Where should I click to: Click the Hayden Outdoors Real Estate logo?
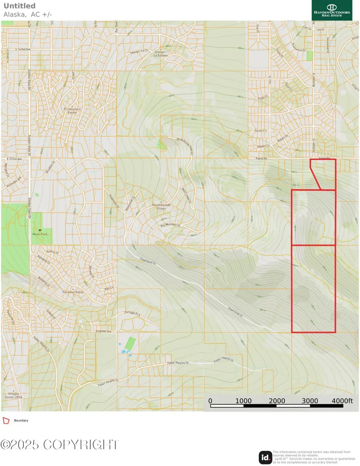332,10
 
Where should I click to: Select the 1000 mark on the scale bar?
243,401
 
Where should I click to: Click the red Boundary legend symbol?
6,420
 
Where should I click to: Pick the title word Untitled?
19,6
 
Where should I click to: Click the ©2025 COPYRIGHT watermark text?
60,444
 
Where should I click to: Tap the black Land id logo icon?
265,457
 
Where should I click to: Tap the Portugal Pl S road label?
132,314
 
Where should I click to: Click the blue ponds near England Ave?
125,351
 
